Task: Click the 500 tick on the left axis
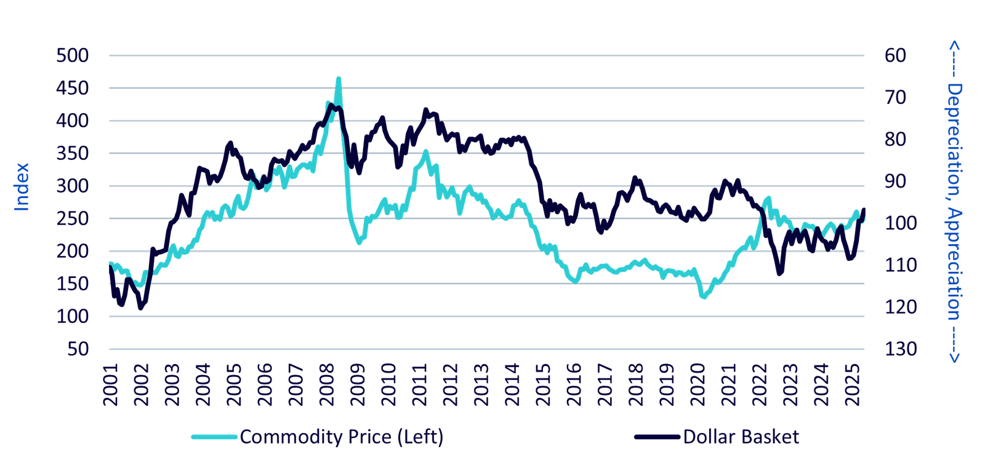click(x=73, y=55)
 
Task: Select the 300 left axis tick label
click(x=73, y=186)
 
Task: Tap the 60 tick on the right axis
click(x=894, y=55)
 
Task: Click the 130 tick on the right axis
click(x=899, y=349)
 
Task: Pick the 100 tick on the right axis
click(x=899, y=223)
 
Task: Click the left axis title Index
click(x=22, y=187)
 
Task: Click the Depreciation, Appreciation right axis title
click(x=954, y=202)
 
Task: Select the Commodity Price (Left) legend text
click(x=342, y=437)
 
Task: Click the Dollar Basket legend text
click(x=741, y=437)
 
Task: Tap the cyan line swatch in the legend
click(x=214, y=437)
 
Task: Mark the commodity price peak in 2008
click(x=338, y=78)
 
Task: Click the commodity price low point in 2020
click(x=704, y=297)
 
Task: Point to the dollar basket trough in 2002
click(x=142, y=308)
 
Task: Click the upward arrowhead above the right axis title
click(x=954, y=46)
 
